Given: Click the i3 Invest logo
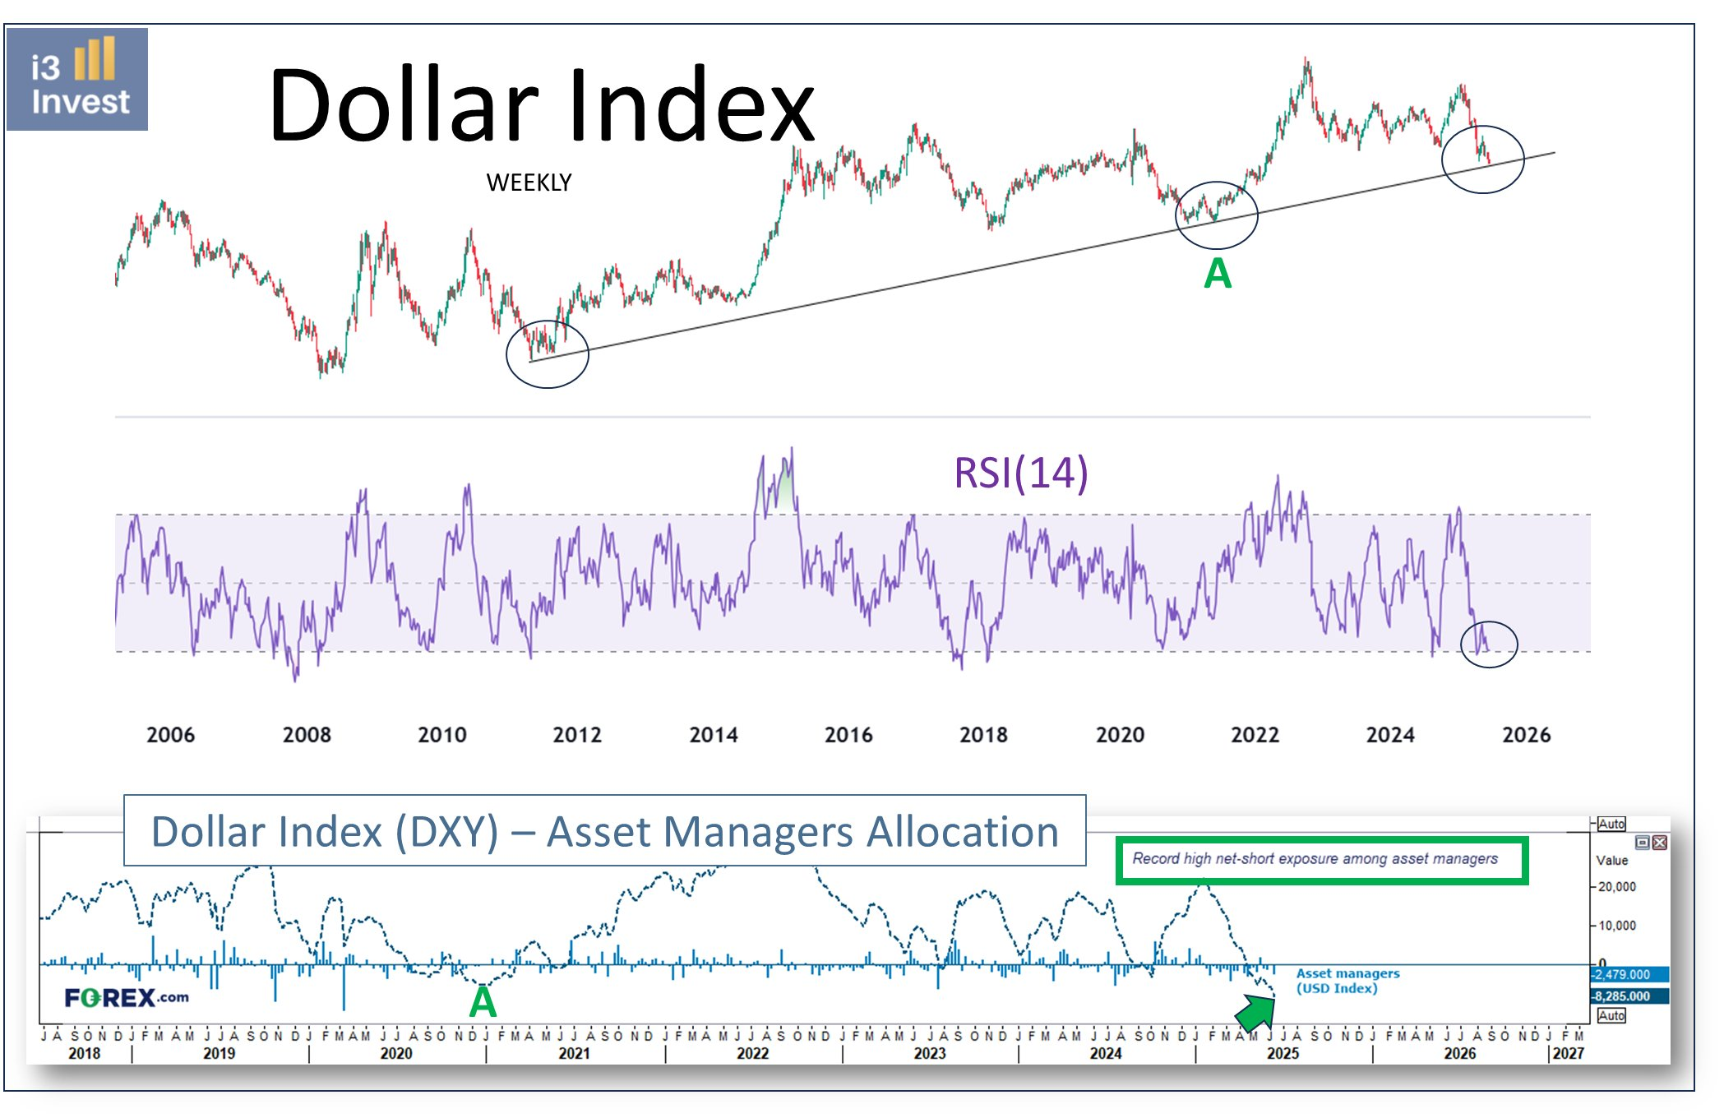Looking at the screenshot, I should point(77,79).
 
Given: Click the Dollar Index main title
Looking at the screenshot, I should point(541,105).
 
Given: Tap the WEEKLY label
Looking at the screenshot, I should point(529,182).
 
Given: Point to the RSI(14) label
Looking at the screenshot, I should point(1020,473).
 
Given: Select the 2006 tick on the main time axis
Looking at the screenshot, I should point(170,735).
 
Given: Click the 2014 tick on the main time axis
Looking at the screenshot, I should point(713,735).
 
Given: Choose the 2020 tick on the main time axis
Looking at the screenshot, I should point(1120,735).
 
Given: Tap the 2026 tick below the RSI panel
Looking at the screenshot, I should point(1526,735).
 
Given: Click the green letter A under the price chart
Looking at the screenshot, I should point(1218,274).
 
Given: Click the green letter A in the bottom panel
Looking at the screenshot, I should point(483,1003).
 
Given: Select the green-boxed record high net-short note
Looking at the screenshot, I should point(1321,860).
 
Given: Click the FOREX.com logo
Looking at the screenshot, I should point(127,998).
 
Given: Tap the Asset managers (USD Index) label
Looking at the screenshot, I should point(1347,981).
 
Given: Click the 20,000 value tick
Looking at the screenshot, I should point(1616,887).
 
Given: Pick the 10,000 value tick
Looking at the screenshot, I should point(1616,926).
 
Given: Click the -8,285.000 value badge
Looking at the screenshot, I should point(1628,996).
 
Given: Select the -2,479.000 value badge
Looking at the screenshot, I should point(1628,975).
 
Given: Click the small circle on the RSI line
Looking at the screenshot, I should point(1488,644).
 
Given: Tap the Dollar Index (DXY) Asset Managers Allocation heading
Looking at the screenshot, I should point(604,831).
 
